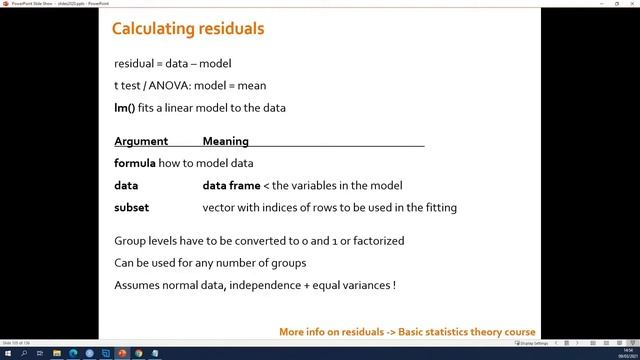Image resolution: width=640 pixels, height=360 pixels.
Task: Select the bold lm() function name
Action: point(125,107)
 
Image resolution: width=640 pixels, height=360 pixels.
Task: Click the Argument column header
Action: point(141,141)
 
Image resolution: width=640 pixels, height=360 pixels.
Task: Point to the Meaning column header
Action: point(225,141)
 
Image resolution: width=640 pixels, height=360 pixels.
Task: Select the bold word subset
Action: point(132,207)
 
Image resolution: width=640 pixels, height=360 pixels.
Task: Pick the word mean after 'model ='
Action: point(252,85)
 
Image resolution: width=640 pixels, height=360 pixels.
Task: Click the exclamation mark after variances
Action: point(394,285)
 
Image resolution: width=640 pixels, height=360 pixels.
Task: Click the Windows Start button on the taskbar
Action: point(7,352)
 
